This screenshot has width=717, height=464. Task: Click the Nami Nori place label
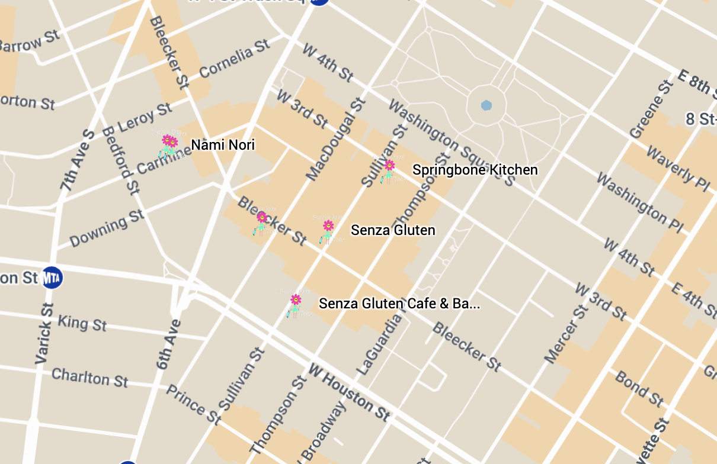[223, 145]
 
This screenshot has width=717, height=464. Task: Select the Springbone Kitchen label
[475, 170]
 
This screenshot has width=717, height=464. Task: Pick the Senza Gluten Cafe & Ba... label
[399, 304]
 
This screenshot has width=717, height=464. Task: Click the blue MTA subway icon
[52, 278]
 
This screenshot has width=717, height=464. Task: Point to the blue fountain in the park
[486, 105]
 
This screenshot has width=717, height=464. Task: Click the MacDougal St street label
[335, 140]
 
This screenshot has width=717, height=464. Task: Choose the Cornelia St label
[235, 59]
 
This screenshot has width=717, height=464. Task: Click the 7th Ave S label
[77, 160]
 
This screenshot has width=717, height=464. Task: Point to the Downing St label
[107, 228]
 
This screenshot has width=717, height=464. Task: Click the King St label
[82, 323]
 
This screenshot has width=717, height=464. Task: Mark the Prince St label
[193, 405]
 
